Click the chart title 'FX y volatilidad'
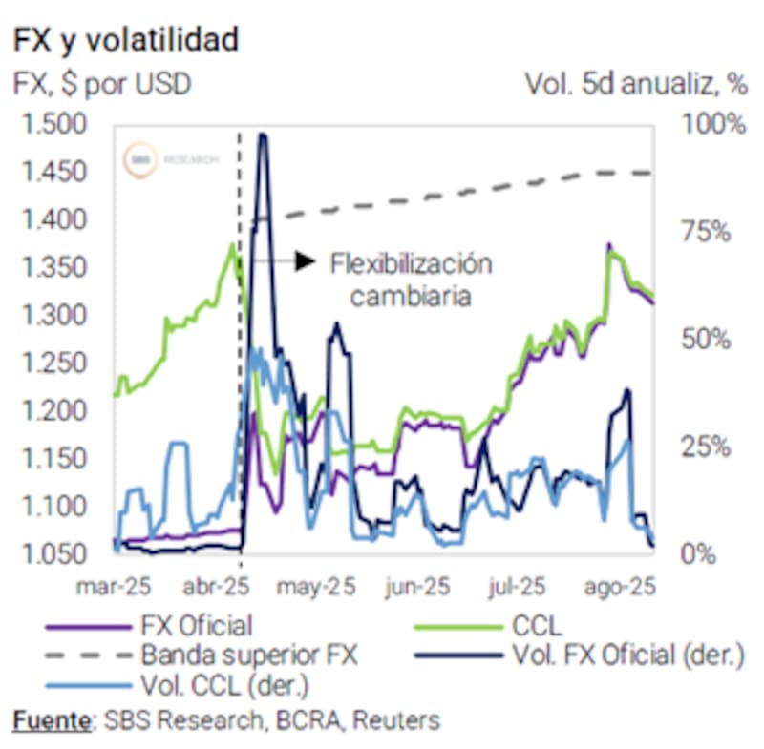pyautogui.click(x=125, y=40)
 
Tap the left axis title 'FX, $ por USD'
pyautogui.click(x=101, y=84)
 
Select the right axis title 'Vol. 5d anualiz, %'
pyautogui.click(x=635, y=84)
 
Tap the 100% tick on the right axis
pyautogui.click(x=712, y=125)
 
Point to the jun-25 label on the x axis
pyautogui.click(x=418, y=587)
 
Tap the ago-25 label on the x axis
pyautogui.click(x=623, y=587)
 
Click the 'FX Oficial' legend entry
pyautogui.click(x=197, y=626)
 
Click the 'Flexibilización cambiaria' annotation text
pyautogui.click(x=411, y=279)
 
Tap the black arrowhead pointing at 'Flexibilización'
pyautogui.click(x=305, y=260)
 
